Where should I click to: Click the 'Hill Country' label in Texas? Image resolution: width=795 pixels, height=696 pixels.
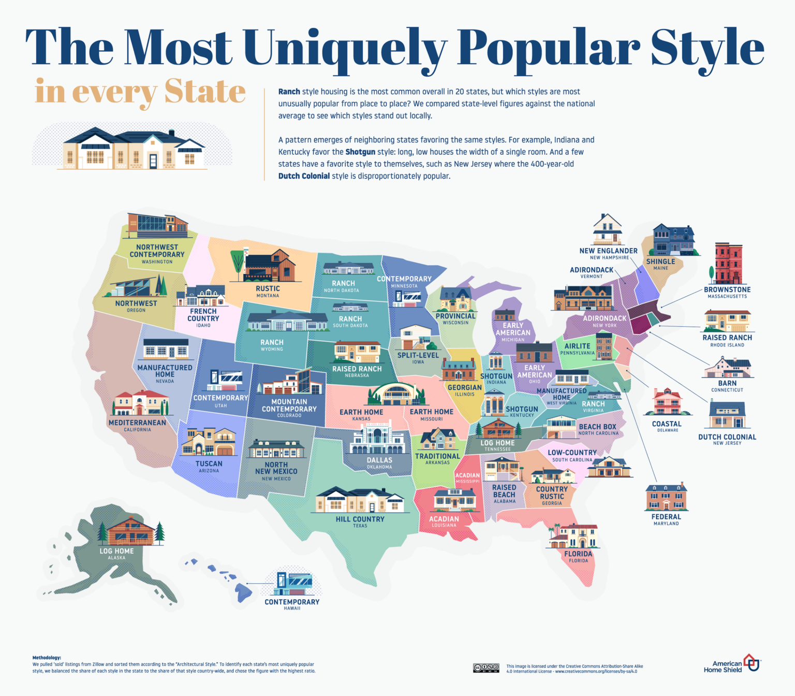click(360, 519)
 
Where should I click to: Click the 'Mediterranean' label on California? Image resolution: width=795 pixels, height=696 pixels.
click(137, 423)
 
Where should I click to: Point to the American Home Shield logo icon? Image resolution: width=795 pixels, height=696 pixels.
click(751, 662)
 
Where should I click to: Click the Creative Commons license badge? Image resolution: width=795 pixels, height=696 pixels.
click(486, 668)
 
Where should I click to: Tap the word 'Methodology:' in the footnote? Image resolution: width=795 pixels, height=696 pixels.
click(47, 658)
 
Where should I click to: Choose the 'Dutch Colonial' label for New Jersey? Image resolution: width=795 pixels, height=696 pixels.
click(727, 437)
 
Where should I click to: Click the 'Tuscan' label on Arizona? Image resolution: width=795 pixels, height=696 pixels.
click(209, 463)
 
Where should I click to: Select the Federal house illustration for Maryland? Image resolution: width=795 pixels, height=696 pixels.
click(666, 497)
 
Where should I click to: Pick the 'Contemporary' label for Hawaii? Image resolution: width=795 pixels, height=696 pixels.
click(292, 602)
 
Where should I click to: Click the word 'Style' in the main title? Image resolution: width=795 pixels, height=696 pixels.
click(707, 48)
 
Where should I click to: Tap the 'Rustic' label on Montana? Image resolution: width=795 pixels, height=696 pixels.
click(268, 288)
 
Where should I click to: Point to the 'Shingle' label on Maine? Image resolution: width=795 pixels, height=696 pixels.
click(660, 262)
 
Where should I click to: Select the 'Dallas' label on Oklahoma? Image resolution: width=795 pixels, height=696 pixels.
click(379, 460)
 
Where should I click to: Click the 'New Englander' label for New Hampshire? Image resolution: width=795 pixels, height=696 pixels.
click(608, 251)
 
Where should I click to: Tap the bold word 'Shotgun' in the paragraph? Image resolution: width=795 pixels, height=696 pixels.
click(360, 152)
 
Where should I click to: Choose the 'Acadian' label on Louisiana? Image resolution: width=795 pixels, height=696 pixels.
click(444, 518)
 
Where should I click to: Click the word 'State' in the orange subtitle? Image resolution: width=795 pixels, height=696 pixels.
click(205, 92)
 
